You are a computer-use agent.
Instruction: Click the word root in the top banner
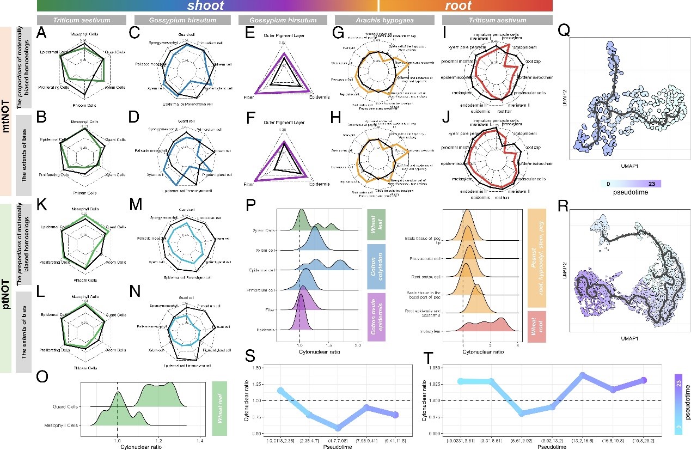click(x=457, y=6)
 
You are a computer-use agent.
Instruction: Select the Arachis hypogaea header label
click(x=363, y=20)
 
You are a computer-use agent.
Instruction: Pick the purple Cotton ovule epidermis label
click(x=377, y=317)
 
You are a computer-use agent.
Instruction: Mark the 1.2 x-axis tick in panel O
click(x=159, y=439)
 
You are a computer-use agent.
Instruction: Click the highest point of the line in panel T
click(x=582, y=375)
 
